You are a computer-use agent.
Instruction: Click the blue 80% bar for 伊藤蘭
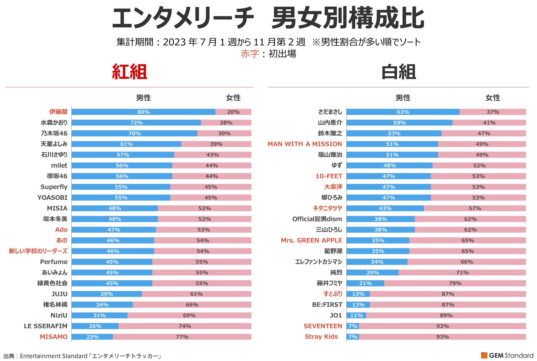143,112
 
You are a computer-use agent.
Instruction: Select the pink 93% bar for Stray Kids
442,337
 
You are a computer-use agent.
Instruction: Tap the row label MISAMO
53,337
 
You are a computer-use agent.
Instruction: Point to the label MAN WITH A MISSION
305,144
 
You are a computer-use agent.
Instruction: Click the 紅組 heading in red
129,72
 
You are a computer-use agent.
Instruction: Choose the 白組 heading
398,72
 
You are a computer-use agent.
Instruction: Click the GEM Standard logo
507,356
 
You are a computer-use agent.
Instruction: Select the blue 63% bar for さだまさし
403,112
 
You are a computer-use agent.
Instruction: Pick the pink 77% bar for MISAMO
182,337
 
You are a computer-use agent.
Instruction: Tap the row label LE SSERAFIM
45,326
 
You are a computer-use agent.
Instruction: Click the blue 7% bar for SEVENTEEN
353,326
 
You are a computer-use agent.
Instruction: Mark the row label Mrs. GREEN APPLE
311,241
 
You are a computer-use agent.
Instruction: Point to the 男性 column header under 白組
403,98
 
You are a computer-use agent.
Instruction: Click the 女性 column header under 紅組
233,98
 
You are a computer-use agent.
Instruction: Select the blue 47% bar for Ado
114,230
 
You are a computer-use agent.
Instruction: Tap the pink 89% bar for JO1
446,315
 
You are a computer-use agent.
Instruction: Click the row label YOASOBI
52,198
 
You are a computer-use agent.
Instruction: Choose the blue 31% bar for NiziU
99,315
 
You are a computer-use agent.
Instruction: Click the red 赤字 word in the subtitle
249,54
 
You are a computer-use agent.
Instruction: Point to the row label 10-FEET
329,176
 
